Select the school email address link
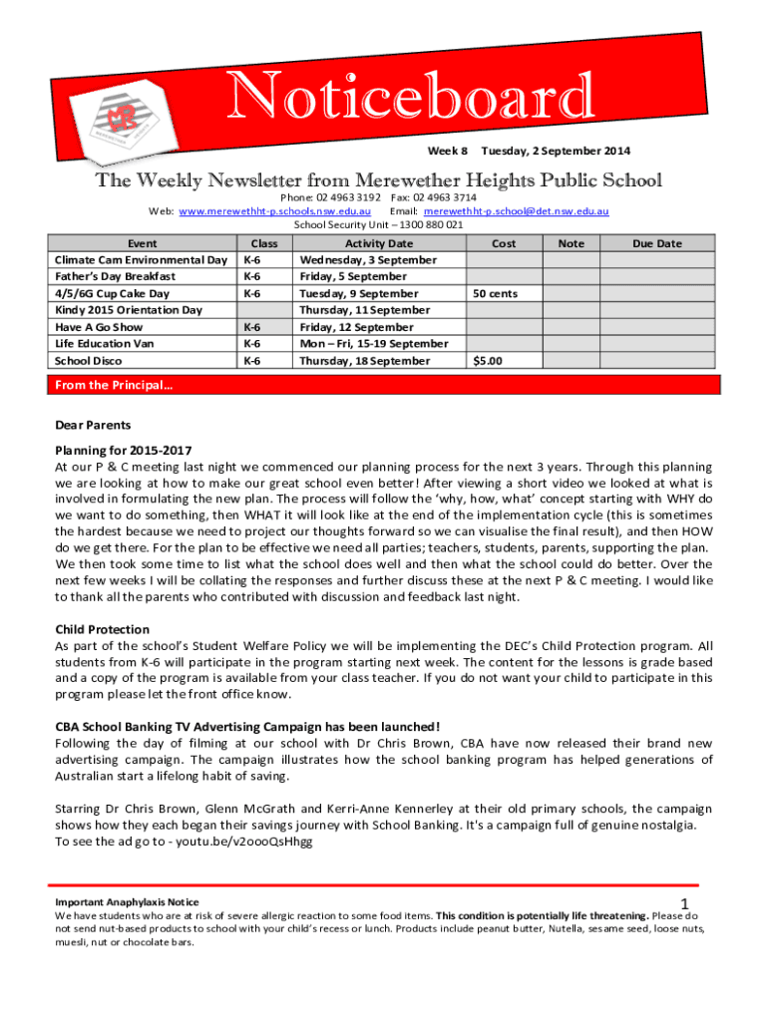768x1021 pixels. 517,211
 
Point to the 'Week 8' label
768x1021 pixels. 447,152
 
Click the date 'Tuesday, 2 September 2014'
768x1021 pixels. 556,152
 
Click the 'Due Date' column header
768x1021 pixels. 656,243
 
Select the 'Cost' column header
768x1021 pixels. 504,243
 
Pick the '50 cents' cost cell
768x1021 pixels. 495,294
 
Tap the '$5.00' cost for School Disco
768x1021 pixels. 488,361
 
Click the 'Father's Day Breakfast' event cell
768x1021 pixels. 116,276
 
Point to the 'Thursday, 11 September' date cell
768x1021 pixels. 364,310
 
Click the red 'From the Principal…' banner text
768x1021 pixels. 100,386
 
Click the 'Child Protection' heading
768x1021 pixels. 102,629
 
